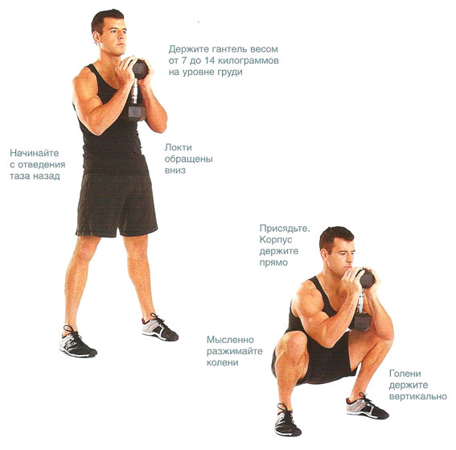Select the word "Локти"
coord(179,147)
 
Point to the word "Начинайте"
coord(35,153)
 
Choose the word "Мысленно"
coord(230,340)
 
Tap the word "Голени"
coord(405,374)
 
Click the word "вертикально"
coord(418,396)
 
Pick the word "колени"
coord(223,363)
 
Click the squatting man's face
coord(343,255)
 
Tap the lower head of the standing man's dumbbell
coord(137,112)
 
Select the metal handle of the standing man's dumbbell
coord(134,90)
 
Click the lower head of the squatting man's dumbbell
coord(360,322)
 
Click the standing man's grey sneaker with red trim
coord(160,327)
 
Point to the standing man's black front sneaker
coord(77,341)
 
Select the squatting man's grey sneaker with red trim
coord(367,406)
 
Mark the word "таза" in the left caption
coord(20,176)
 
